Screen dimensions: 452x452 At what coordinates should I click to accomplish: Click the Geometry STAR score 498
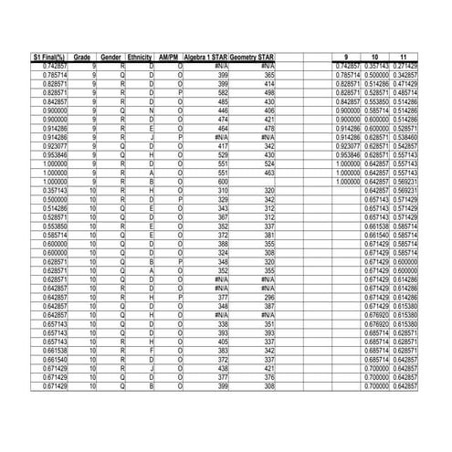click(x=269, y=92)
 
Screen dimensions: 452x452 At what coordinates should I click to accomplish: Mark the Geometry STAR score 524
click(x=269, y=163)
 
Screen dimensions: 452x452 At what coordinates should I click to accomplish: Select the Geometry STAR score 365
click(x=269, y=75)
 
